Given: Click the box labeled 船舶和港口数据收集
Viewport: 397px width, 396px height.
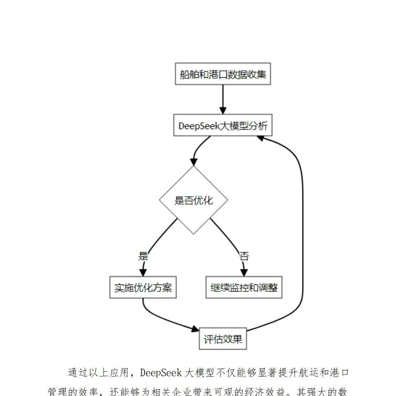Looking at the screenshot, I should tap(223, 74).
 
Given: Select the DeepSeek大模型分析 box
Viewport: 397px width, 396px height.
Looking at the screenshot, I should tap(223, 126).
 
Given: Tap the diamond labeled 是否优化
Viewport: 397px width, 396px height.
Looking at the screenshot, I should tap(193, 201).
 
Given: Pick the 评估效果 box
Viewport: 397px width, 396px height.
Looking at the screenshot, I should tap(223, 339).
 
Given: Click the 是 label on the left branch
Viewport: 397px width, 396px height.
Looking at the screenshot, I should tap(143, 256).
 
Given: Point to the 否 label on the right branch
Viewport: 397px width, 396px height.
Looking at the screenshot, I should tap(244, 256).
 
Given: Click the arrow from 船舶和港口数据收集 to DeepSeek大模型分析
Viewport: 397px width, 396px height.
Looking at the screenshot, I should tap(223, 99).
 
